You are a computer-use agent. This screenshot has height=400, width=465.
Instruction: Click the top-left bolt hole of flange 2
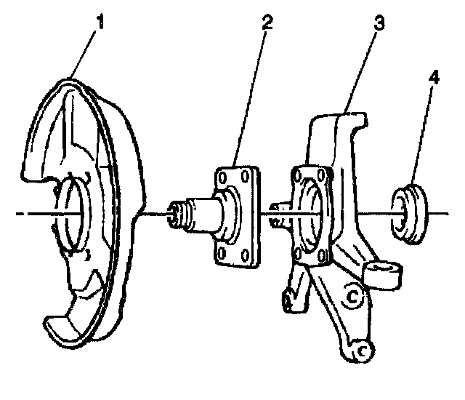pyautogui.click(x=222, y=177)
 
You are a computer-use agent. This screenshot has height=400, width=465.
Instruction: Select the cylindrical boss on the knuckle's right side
pyautogui.click(x=384, y=275)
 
